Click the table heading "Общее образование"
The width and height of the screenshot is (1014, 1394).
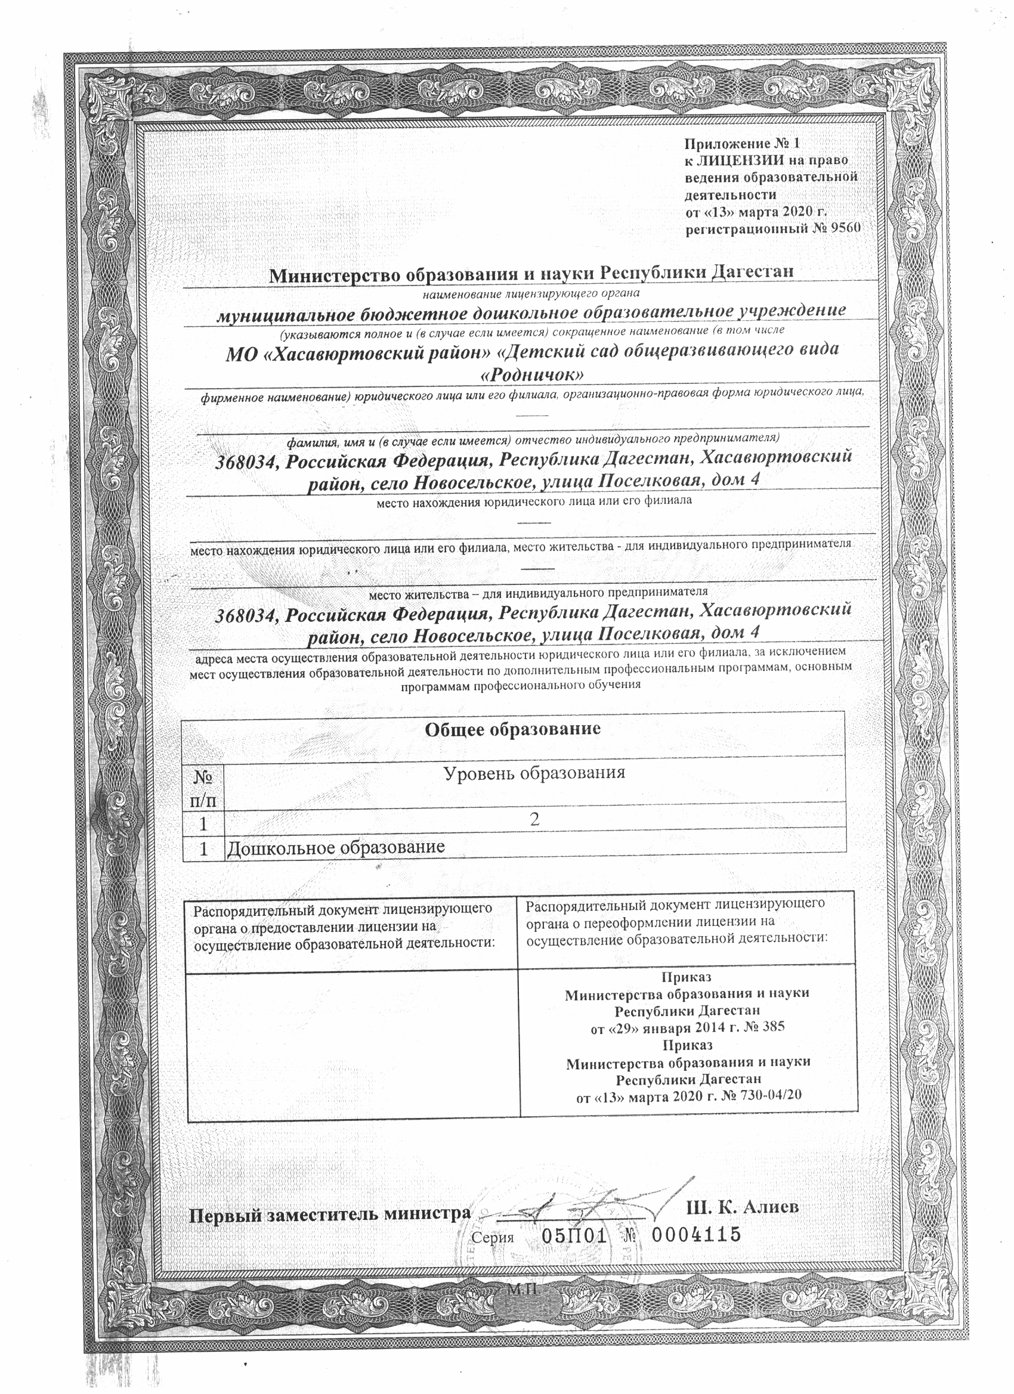pyautogui.click(x=512, y=730)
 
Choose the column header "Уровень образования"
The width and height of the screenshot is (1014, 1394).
pyautogui.click(x=534, y=773)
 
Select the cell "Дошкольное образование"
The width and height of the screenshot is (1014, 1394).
pyautogui.click(x=336, y=848)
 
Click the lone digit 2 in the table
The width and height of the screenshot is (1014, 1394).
pyautogui.click(x=534, y=819)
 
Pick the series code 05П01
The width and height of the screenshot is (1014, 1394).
pyautogui.click(x=574, y=1236)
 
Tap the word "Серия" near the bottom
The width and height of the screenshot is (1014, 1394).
pyautogui.click(x=493, y=1238)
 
